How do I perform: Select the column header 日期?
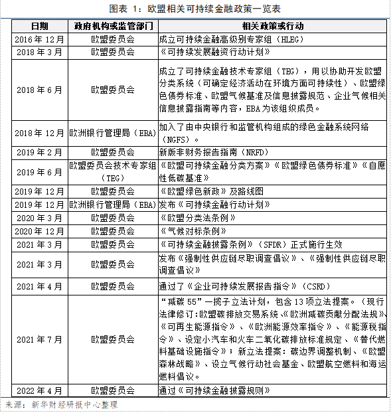coord(40,27)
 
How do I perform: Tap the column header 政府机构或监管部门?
coord(112,27)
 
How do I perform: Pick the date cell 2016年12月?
coord(40,39)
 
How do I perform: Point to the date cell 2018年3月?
coord(40,52)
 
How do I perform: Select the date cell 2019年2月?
coord(40,152)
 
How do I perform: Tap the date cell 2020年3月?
coord(40,217)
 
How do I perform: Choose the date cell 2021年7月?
coord(40,340)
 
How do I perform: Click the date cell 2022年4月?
coord(40,391)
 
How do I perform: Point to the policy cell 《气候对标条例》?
coord(190,230)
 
